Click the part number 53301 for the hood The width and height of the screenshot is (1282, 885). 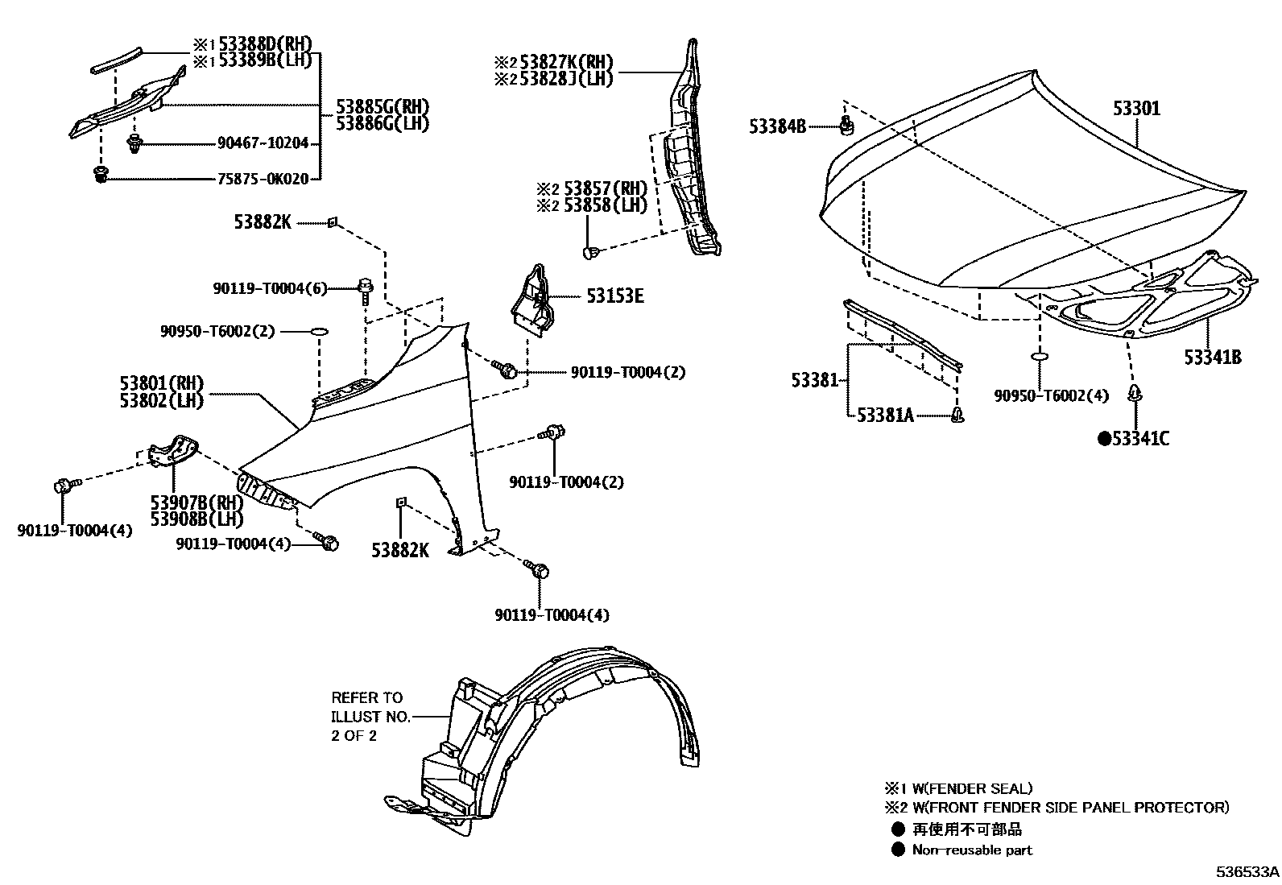click(1137, 108)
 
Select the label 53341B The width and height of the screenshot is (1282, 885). click(1212, 357)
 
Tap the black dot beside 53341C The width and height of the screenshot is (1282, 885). click(1105, 438)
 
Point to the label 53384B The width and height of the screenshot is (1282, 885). click(777, 126)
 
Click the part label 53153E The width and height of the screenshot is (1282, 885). click(614, 296)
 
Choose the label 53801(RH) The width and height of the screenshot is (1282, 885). click(162, 383)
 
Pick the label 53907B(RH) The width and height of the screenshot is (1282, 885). click(184, 503)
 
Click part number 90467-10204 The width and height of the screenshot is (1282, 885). click(263, 143)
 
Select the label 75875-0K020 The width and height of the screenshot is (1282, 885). click(263, 179)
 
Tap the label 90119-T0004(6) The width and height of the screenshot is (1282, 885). click(271, 287)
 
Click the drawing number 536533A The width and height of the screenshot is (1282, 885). click(1247, 872)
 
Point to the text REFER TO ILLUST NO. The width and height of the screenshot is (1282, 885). click(370, 707)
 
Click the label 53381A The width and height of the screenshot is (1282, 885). click(885, 415)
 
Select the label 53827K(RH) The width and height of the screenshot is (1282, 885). click(566, 61)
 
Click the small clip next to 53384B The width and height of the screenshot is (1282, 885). click(846, 125)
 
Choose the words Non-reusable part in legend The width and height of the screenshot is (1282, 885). click(972, 850)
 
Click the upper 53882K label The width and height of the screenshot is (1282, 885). click(263, 221)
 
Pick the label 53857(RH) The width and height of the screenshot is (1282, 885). click(604, 189)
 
